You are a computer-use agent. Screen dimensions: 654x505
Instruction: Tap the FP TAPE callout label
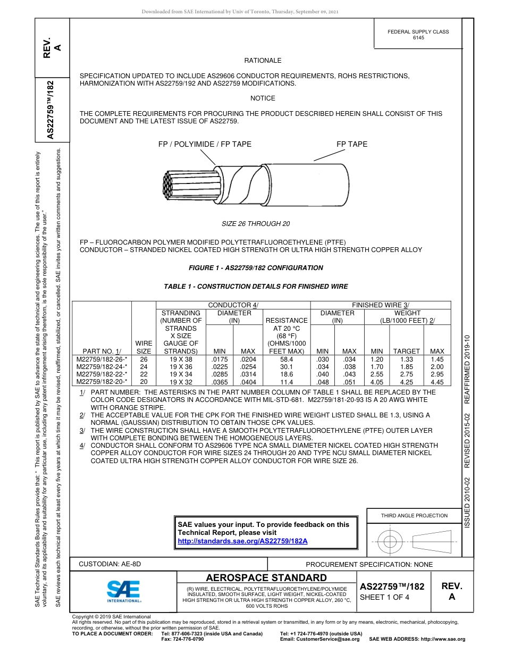pos(352,144)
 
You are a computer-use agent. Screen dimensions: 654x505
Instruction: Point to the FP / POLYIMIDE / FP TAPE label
pos(205,144)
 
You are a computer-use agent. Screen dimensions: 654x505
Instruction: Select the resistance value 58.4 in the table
pos(287,359)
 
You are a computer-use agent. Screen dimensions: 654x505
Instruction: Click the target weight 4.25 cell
pos(407,381)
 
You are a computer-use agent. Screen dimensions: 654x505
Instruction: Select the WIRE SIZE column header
pos(144,347)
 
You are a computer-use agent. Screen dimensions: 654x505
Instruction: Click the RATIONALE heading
pos(263,61)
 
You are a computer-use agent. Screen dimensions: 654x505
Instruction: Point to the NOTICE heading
pos(263,98)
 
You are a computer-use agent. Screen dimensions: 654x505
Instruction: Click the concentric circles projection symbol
pos(390,542)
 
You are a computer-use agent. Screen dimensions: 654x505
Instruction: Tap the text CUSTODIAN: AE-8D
pos(110,564)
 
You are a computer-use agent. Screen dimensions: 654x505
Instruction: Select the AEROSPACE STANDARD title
pos(266,578)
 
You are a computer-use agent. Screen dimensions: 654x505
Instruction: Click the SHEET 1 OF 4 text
pos(384,597)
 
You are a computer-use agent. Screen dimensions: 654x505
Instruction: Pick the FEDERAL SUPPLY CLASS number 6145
pos(418,38)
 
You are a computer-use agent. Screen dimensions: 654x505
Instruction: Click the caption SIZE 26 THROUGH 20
pos(256,223)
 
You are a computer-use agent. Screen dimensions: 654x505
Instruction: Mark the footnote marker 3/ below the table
pos(82,430)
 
